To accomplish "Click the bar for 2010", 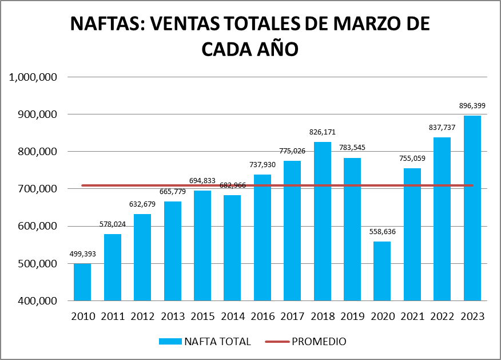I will coord(82,282).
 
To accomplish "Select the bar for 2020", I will coord(382,271).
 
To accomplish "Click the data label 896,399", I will coord(472,106).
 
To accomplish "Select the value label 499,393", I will coord(82,254).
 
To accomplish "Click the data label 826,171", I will coord(322,132).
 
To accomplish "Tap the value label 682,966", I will coord(232,185).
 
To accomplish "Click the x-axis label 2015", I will coord(202,317).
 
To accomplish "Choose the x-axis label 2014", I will coord(232,317).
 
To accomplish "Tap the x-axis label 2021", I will coord(412,317).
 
